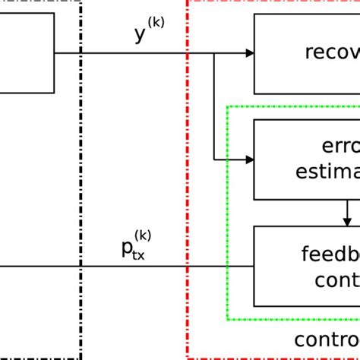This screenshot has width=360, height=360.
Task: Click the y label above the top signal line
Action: point(141,35)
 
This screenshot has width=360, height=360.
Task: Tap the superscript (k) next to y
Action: point(155,24)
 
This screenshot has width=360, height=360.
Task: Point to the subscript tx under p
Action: point(139,255)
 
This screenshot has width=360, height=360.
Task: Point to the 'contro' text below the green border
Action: point(327,339)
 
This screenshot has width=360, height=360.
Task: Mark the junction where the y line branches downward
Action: point(214,53)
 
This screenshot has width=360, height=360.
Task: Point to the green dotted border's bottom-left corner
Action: point(228,319)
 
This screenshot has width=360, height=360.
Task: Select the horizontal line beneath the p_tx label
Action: point(129,267)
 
